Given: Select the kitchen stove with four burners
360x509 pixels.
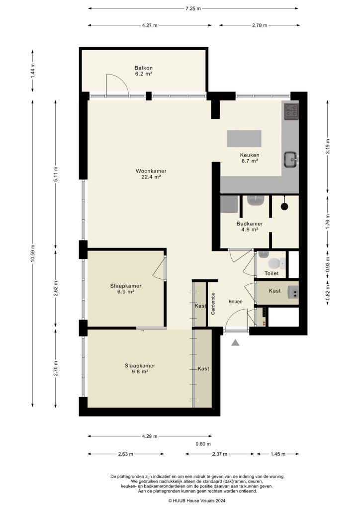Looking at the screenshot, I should click(291, 112).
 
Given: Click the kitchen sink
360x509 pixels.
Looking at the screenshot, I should click(291, 159).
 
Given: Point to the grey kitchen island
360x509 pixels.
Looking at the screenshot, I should click(244, 138).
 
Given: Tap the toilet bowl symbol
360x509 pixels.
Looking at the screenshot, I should click(273, 263).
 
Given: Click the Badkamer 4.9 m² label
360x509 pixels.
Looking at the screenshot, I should click(250, 227).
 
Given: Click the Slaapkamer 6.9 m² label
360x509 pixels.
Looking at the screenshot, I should click(126, 289).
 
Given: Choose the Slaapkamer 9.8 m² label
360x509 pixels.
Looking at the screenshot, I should click(140, 368).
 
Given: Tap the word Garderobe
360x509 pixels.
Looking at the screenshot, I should click(213, 304).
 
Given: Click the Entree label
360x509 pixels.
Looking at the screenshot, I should click(235, 302).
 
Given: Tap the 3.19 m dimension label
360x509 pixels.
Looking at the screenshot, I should click(327, 147).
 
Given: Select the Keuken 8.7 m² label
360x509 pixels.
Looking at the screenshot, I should click(250, 158).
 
